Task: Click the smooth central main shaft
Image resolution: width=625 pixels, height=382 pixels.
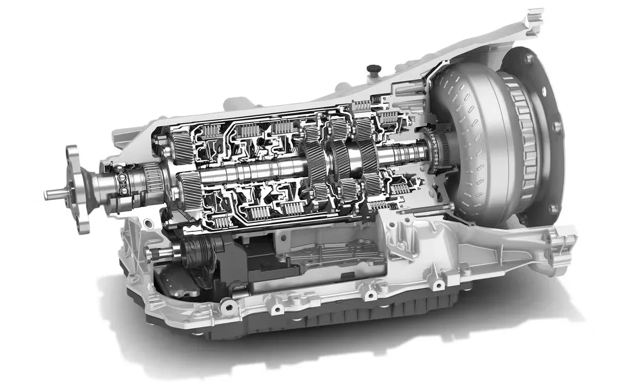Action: [x=250, y=172]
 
